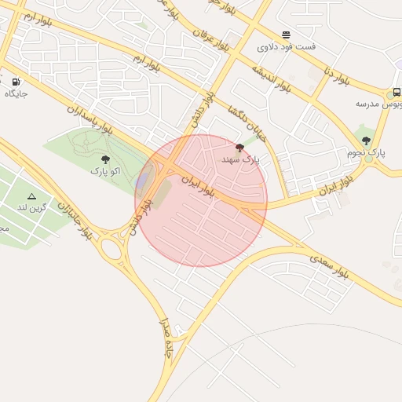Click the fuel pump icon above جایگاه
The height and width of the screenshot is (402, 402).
pyautogui.click(x=16, y=81)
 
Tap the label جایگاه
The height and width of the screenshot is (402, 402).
pyautogui.click(x=16, y=93)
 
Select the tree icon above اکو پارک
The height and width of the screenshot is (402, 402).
pyautogui.click(x=105, y=159)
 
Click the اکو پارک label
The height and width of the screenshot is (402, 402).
pyautogui.click(x=105, y=170)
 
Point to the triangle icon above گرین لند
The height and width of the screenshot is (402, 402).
pyautogui.click(x=31, y=196)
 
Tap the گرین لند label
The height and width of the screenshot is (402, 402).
pyautogui.click(x=32, y=207)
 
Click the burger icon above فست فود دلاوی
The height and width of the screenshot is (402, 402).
pyautogui.click(x=287, y=35)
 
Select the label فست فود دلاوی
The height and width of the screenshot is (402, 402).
pyautogui.click(x=287, y=46)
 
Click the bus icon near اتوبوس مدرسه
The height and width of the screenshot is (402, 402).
pyautogui.click(x=397, y=93)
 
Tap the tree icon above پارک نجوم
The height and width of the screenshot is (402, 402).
pyautogui.click(x=367, y=141)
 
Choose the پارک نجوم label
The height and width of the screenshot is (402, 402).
pyautogui.click(x=367, y=152)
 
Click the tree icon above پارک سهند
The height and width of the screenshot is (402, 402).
pyautogui.click(x=239, y=147)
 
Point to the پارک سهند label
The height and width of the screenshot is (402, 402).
pyautogui.click(x=239, y=159)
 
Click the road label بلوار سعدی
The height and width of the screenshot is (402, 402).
pyautogui.click(x=328, y=266)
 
